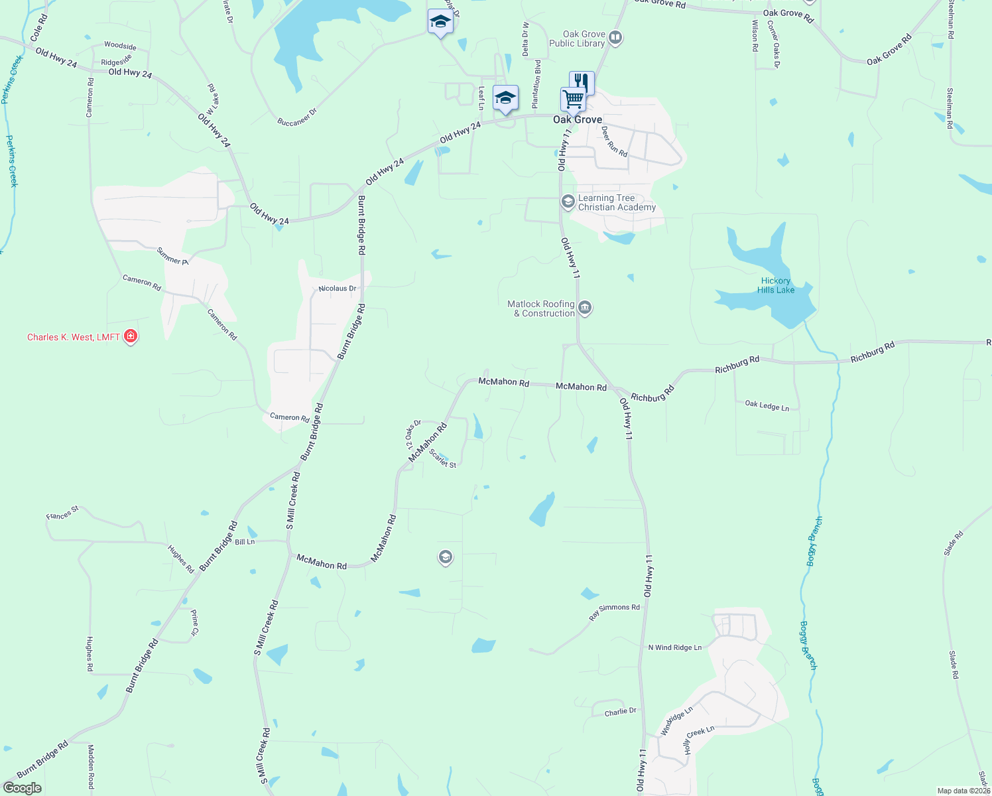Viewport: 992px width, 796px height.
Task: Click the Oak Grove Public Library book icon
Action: [x=615, y=38]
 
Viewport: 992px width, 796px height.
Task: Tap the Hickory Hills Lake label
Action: [x=775, y=285]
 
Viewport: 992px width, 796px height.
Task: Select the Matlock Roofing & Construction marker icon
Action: [x=585, y=307]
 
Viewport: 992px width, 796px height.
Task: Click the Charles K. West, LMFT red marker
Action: [x=131, y=336]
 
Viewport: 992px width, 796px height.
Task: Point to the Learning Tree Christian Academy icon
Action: [x=568, y=200]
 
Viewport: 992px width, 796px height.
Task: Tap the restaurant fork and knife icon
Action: [x=581, y=82]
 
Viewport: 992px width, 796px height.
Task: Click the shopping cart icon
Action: [x=573, y=99]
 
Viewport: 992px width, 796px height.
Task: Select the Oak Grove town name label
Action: [x=578, y=119]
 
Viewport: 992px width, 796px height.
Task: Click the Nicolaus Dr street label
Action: [x=337, y=289]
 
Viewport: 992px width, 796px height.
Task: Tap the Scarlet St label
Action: [x=442, y=459]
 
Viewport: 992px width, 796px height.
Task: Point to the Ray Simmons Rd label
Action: [x=614, y=612]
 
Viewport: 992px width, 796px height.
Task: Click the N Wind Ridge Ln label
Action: [x=674, y=647]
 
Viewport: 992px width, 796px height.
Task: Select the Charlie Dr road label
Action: [x=620, y=712]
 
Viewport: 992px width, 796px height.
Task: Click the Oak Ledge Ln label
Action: [x=767, y=405]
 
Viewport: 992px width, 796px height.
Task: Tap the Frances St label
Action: [x=62, y=513]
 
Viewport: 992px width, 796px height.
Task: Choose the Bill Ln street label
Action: [x=245, y=542]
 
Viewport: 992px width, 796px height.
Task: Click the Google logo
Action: [x=23, y=788]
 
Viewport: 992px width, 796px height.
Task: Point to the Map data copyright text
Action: [x=963, y=791]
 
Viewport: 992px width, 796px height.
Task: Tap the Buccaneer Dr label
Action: [x=297, y=117]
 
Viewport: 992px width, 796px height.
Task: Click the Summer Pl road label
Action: [x=172, y=256]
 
